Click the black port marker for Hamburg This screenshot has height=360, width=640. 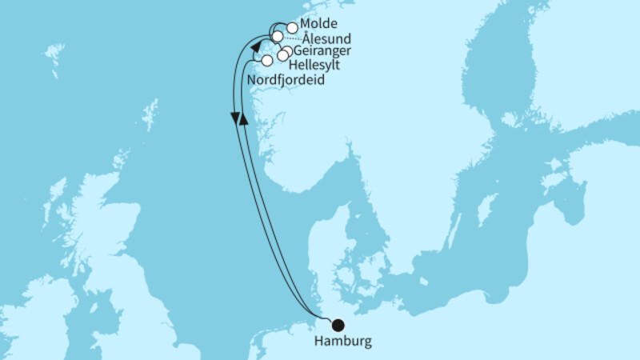(x=338, y=325)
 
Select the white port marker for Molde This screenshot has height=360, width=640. (x=293, y=28)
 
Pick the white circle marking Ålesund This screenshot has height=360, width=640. (x=277, y=37)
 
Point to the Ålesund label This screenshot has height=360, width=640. (x=326, y=38)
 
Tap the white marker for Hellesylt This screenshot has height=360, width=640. (x=282, y=55)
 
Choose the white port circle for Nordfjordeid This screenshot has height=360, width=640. (x=267, y=61)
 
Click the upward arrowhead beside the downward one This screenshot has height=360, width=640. (x=245, y=117)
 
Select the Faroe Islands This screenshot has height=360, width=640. (x=54, y=56)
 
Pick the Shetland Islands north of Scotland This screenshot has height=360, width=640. (x=150, y=116)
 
